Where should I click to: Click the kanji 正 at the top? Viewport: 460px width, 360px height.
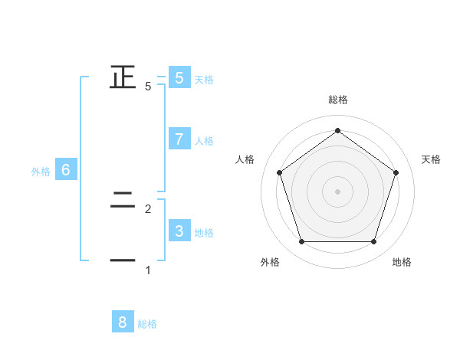[x=123, y=77]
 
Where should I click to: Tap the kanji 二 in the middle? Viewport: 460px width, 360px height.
[x=123, y=201]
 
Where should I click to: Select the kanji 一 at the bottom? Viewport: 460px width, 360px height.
[x=123, y=261]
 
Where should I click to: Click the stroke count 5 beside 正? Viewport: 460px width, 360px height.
[x=148, y=86]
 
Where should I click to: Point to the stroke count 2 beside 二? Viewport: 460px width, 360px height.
[x=148, y=208]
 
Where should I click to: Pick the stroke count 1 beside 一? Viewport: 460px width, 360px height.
[x=148, y=270]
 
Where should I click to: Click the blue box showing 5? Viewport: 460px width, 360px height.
[x=179, y=77]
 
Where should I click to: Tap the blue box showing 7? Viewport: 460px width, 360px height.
[x=179, y=139]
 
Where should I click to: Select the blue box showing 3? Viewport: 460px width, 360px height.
[x=179, y=231]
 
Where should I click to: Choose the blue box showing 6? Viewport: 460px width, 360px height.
[x=65, y=170]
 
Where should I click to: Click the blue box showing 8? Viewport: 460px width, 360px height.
[x=123, y=322]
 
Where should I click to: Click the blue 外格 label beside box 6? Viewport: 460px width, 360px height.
[x=41, y=172]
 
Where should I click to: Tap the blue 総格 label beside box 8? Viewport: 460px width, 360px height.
[x=147, y=324]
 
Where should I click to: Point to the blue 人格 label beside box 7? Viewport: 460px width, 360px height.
[x=204, y=141]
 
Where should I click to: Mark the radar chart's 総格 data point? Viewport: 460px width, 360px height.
[x=337, y=131]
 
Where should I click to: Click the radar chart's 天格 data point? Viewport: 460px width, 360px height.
[x=396, y=172]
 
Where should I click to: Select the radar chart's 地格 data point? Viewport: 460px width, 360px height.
[x=373, y=242]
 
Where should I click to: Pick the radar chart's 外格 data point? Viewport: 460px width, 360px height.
[x=301, y=242]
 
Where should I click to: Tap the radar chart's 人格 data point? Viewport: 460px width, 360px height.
[x=279, y=172]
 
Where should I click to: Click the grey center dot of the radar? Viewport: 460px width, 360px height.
[x=337, y=191]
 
